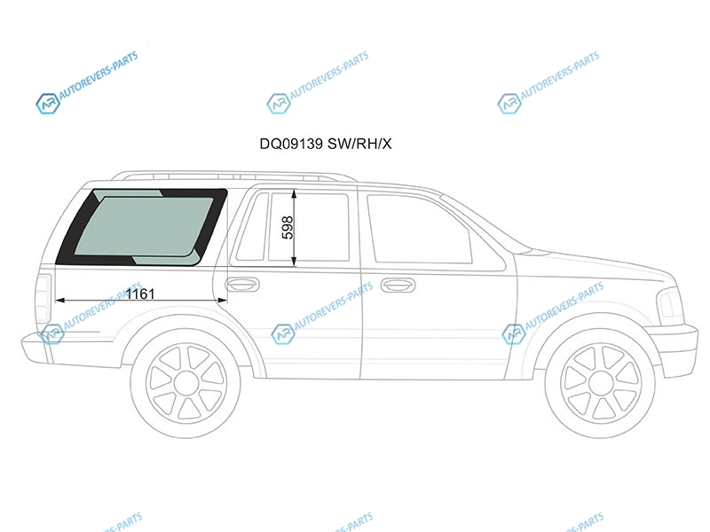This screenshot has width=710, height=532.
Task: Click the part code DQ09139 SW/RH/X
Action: click(x=325, y=144)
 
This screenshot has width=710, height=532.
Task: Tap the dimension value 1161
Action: click(x=140, y=294)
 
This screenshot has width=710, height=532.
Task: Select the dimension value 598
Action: click(x=288, y=228)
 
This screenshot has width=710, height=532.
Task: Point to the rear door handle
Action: click(x=242, y=284)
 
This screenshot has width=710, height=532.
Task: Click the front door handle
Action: click(x=398, y=285)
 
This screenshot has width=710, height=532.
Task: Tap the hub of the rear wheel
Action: click(x=185, y=383)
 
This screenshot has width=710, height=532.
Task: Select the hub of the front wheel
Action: click(x=601, y=384)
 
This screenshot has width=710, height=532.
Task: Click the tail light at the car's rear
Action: click(x=43, y=299)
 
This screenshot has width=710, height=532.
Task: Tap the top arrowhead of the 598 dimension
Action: click(x=294, y=194)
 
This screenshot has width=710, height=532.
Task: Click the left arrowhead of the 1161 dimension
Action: click(x=59, y=300)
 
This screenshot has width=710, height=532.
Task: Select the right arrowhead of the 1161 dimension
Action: click(x=223, y=300)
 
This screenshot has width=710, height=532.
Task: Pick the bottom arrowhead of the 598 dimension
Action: click(x=294, y=261)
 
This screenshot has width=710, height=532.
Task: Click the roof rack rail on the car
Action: click(x=233, y=176)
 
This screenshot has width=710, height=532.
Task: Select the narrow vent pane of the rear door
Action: click(x=250, y=227)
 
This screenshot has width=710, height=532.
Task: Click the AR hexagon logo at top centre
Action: click(x=278, y=104)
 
